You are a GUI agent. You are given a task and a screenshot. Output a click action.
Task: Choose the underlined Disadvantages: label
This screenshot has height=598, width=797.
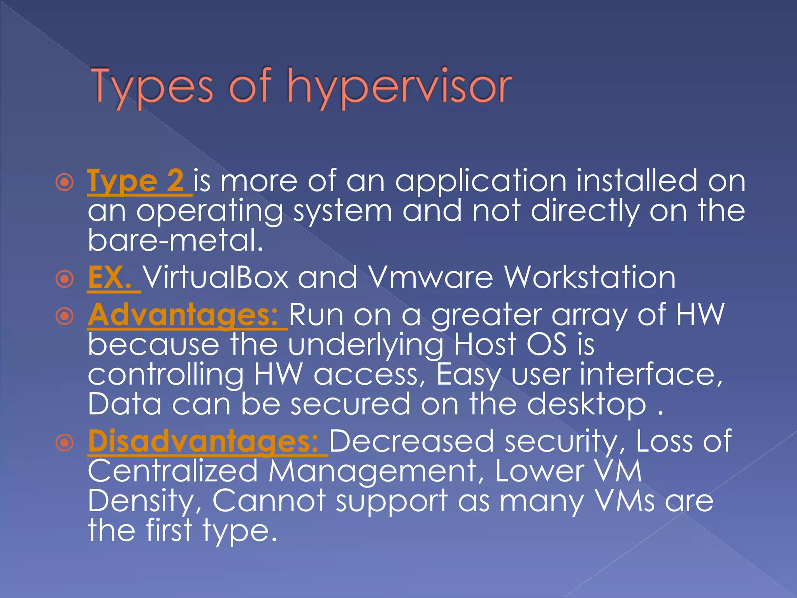(x=204, y=441)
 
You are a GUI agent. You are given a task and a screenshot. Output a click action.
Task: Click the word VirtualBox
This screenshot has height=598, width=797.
(x=216, y=277)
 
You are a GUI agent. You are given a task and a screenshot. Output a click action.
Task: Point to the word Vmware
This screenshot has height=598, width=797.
(x=430, y=277)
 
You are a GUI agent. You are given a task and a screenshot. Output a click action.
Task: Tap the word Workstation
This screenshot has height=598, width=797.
(x=590, y=277)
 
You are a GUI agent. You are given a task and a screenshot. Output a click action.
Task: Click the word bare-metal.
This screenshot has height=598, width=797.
(x=176, y=240)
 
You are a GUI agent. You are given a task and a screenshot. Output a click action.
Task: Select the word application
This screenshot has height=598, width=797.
(x=481, y=181)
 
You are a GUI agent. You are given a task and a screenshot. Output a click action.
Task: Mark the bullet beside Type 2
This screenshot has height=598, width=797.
(x=65, y=182)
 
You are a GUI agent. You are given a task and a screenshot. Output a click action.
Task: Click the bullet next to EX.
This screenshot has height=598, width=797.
(x=65, y=279)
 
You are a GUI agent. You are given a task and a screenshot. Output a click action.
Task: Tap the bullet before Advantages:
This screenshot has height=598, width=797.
(x=65, y=316)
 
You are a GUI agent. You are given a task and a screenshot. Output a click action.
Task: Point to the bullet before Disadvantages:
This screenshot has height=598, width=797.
(x=65, y=443)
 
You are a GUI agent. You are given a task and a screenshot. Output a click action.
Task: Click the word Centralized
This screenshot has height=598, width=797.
(x=173, y=471)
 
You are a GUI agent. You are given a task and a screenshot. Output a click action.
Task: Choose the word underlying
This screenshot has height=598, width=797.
(x=365, y=346)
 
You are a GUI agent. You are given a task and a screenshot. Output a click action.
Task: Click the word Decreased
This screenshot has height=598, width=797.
(x=412, y=441)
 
